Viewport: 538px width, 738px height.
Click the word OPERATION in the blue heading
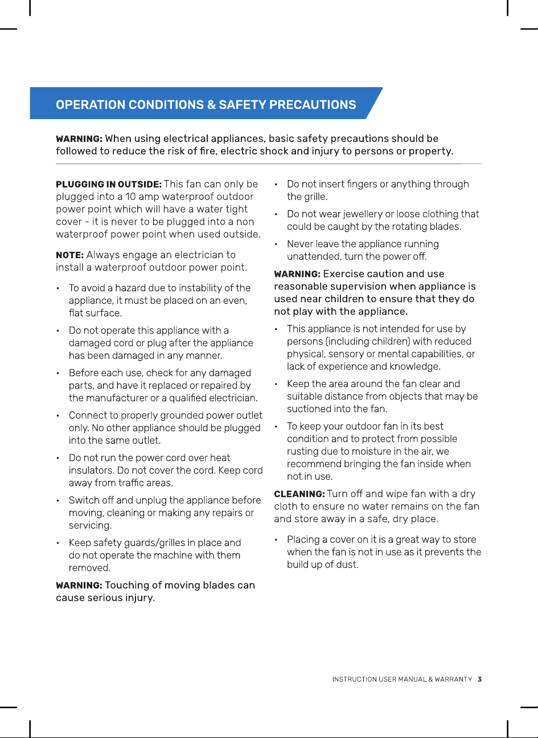[90, 105]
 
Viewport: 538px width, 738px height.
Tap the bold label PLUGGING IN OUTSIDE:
[108, 185]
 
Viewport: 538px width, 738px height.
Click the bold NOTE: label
[69, 255]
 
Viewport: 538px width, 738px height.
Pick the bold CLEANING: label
[299, 494]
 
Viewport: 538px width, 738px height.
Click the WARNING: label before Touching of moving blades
[79, 586]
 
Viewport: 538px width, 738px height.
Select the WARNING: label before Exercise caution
[297, 274]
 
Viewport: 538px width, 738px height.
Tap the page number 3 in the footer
[480, 679]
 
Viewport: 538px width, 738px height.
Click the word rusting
[303, 451]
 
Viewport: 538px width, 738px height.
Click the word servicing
[90, 525]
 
